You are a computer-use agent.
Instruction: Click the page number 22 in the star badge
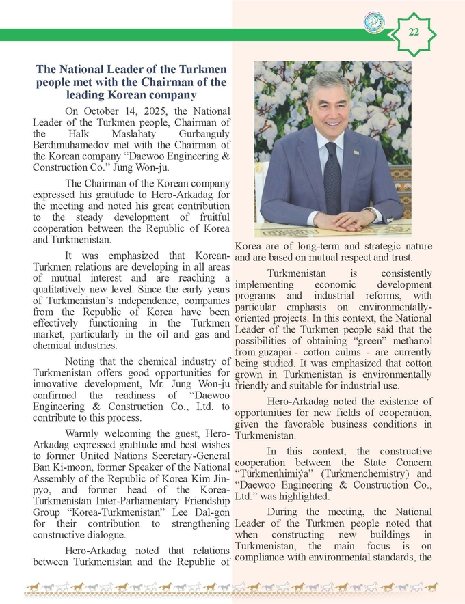coord(414,31)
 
